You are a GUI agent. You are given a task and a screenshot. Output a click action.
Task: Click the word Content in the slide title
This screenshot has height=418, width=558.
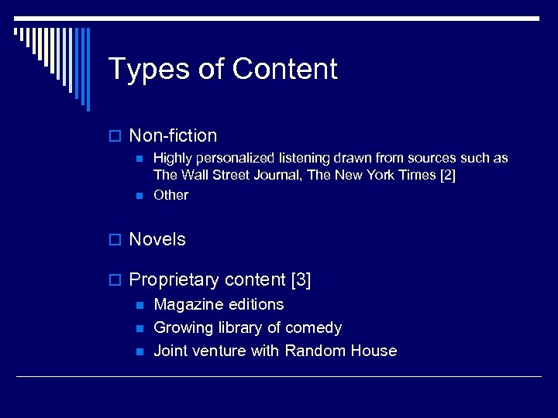pos(284,69)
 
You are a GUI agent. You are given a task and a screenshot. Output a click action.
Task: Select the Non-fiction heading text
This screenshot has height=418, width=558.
pos(173,136)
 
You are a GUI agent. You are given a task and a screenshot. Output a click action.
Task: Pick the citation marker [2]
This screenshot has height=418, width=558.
pos(447,175)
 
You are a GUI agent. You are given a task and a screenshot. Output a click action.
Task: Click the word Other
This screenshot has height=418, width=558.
pos(170,195)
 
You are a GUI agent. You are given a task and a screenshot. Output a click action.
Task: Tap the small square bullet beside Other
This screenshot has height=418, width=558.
pos(139,196)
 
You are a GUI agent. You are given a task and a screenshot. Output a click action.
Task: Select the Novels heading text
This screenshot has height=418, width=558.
pos(157,240)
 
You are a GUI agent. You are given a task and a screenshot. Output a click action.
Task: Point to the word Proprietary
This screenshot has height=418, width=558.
pos(174,280)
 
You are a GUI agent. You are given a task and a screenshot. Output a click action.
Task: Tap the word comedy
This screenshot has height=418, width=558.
pos(313,328)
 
